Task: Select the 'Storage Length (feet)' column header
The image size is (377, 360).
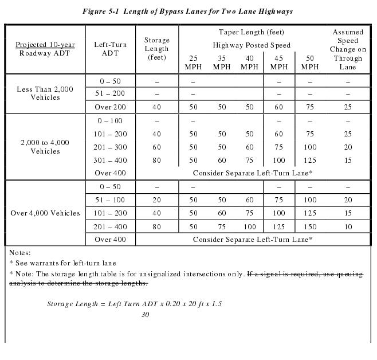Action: tap(157, 49)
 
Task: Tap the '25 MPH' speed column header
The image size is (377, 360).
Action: tap(193, 62)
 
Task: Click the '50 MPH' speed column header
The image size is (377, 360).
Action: tap(310, 62)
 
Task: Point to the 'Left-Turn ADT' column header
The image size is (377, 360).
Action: tap(110, 49)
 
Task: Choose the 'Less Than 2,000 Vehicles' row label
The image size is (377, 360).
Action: tap(45, 93)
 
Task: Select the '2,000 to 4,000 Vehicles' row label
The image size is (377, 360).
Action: tap(45, 147)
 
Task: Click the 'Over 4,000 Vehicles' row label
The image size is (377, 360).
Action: tap(45, 213)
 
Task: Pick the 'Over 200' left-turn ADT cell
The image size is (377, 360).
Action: tap(110, 107)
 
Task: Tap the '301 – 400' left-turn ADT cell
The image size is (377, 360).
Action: tap(110, 160)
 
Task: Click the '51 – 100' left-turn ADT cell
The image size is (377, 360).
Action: tap(110, 200)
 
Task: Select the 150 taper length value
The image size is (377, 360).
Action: tap(310, 226)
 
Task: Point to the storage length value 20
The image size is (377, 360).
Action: tap(157, 200)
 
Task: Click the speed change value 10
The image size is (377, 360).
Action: tap(348, 226)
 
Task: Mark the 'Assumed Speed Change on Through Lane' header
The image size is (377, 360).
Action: tap(348, 49)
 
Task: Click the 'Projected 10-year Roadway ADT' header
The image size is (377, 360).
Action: tap(45, 49)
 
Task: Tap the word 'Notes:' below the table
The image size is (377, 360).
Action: tap(20, 252)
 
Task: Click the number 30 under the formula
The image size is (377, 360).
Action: tap(146, 314)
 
